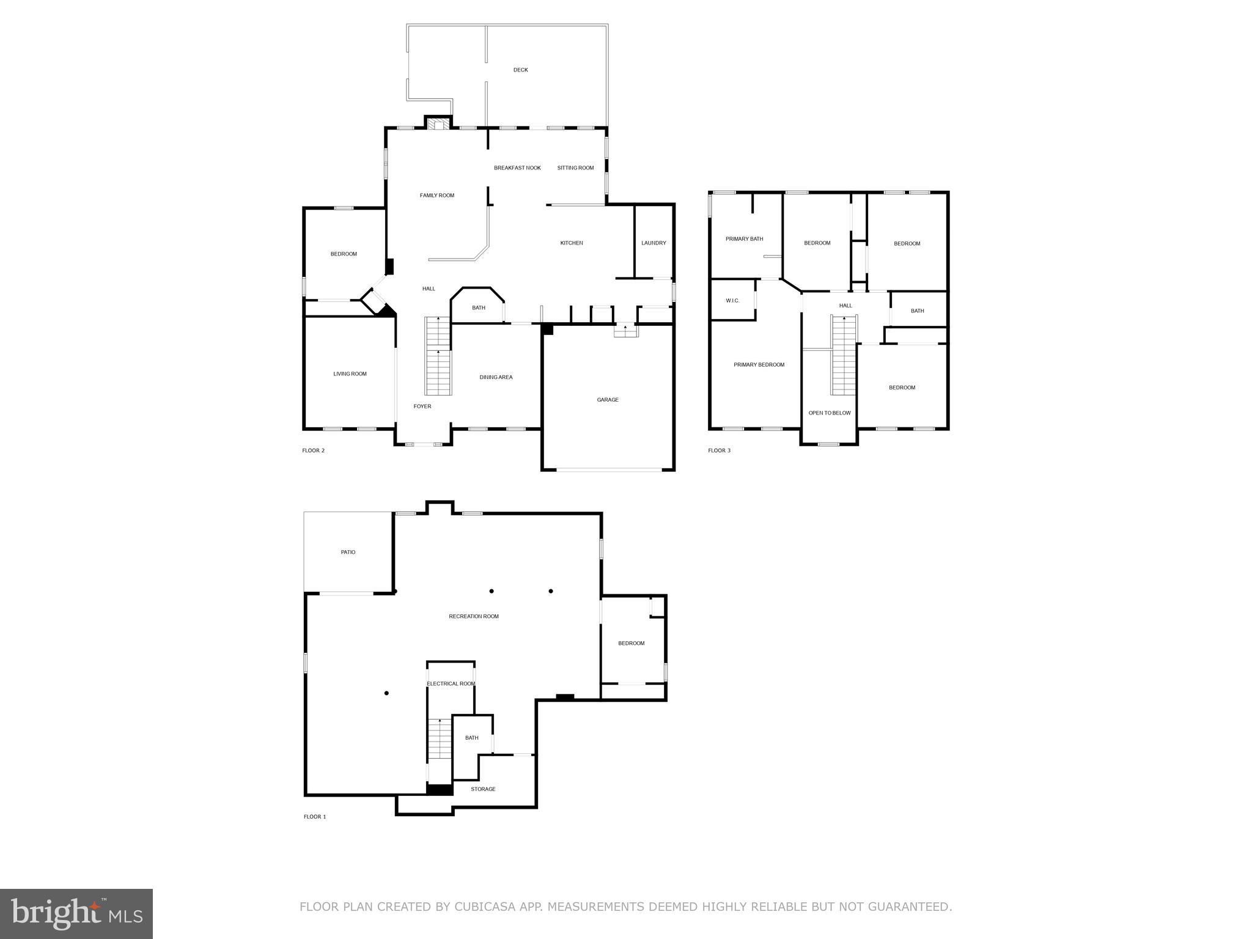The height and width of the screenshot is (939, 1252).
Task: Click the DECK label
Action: click(x=520, y=70)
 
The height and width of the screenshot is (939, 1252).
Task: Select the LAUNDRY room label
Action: click(x=654, y=243)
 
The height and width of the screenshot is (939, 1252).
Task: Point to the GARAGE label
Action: click(x=608, y=400)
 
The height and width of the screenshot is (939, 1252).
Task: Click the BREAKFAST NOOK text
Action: click(x=517, y=168)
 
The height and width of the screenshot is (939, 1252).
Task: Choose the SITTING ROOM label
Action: click(x=575, y=168)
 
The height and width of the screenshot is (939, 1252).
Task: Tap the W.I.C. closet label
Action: click(x=732, y=301)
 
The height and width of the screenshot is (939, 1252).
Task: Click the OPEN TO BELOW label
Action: click(x=830, y=413)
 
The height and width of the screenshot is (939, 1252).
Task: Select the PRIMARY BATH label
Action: click(x=744, y=239)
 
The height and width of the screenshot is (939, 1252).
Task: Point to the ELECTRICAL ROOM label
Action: click(x=451, y=683)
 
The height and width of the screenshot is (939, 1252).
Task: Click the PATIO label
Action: click(x=348, y=552)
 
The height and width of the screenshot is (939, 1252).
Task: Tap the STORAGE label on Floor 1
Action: click(x=483, y=789)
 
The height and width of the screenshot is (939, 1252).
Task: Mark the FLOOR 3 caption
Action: click(x=719, y=451)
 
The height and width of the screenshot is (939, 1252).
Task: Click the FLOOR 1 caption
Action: click(x=315, y=817)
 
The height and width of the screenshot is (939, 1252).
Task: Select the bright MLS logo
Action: click(x=76, y=914)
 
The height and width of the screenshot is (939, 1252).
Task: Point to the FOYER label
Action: click(x=422, y=406)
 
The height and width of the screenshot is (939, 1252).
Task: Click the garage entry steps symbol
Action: click(x=625, y=331)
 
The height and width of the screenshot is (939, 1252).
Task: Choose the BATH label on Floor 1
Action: click(x=471, y=738)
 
